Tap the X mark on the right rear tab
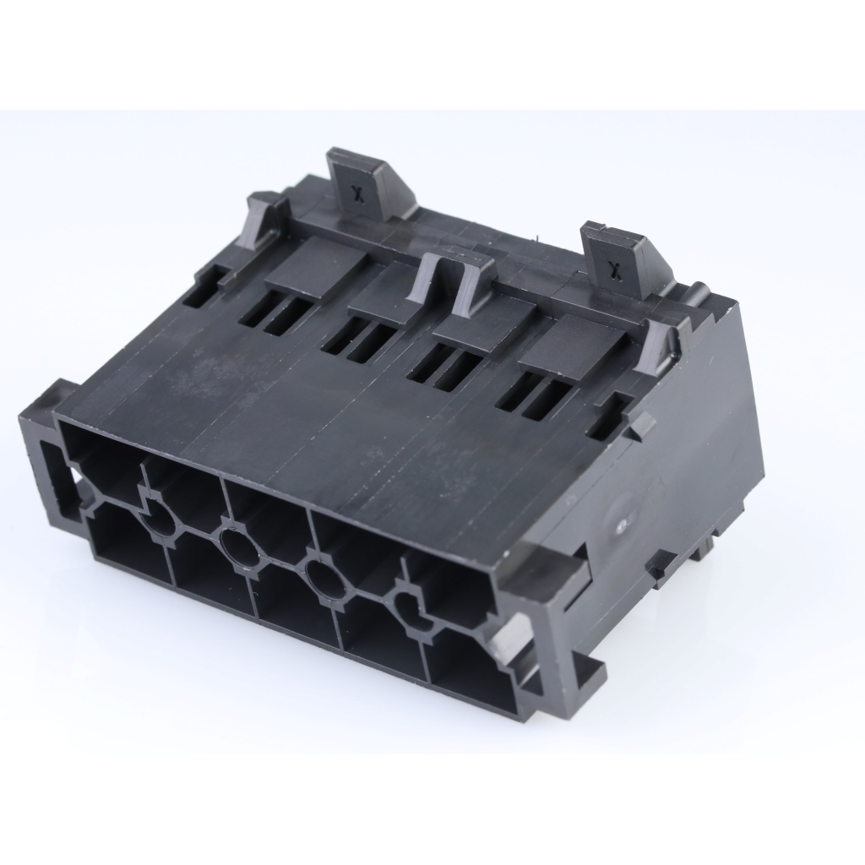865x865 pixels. pyautogui.click(x=615, y=269)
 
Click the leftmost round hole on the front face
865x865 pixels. pyautogui.click(x=158, y=523)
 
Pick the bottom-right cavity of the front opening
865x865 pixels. pyautogui.click(x=469, y=676)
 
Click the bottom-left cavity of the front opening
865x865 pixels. pyautogui.click(x=127, y=550)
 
